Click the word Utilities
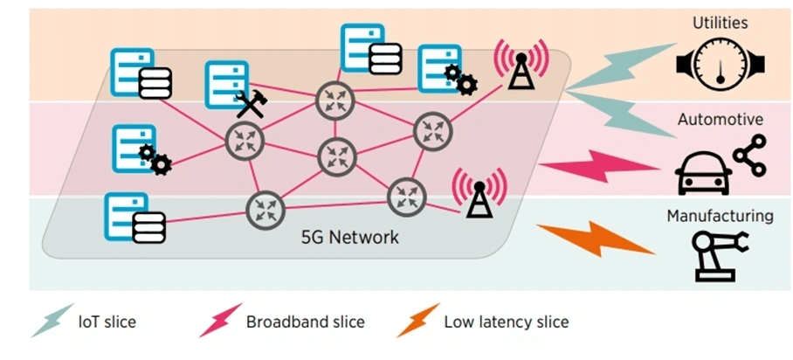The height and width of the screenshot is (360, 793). click(721, 22)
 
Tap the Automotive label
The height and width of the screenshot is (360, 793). click(721, 120)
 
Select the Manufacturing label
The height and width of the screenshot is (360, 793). click(721, 215)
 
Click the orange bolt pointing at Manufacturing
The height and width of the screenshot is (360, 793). click(595, 238)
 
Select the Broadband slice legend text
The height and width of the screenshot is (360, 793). click(305, 322)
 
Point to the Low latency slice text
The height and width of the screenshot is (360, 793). click(507, 322)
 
